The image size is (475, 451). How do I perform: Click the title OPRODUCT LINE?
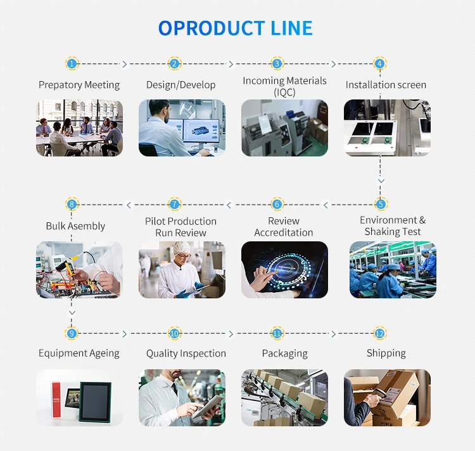click(236, 29)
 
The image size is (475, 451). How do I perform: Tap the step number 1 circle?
click(72, 63)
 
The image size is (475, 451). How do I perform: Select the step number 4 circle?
click(379, 63)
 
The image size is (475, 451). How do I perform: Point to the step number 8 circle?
click(72, 204)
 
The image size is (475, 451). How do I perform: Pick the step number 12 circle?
click(379, 333)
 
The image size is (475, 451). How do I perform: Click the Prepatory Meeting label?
click(79, 85)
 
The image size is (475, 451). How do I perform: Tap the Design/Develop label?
click(180, 85)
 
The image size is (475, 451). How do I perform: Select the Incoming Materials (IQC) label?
click(284, 86)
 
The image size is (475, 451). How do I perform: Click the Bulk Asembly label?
click(75, 226)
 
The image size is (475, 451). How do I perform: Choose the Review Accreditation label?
click(284, 227)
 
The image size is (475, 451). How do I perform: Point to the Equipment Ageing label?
click(79, 353)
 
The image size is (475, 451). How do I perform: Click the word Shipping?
click(386, 353)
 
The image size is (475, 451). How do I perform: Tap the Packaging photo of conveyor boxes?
click(284, 398)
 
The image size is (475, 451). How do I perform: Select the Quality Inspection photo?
click(182, 398)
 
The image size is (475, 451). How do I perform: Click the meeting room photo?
click(79, 128)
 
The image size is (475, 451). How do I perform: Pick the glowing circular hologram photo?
click(284, 270)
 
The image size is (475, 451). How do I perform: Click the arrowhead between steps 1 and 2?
click(124, 64)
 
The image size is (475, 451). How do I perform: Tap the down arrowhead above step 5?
click(380, 181)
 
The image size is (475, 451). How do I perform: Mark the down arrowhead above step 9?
click(72, 313)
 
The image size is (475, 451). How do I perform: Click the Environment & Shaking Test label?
click(393, 226)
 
